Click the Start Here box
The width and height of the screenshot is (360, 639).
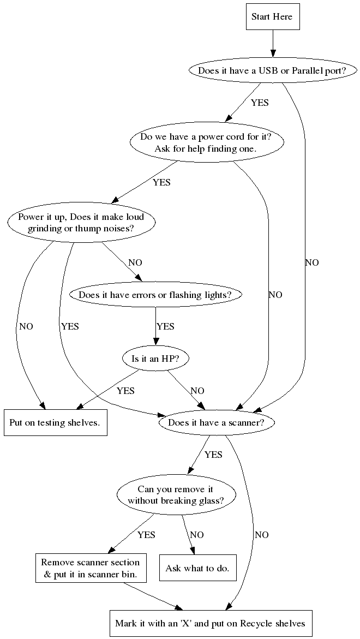pyautogui.click(x=272, y=16)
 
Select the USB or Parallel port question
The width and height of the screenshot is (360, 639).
pyautogui.click(x=272, y=71)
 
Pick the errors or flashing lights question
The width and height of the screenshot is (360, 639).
pyautogui.click(x=155, y=295)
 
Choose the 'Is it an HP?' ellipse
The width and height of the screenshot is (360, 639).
pyautogui.click(x=155, y=359)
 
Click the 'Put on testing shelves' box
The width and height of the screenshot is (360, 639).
pyautogui.click(x=55, y=423)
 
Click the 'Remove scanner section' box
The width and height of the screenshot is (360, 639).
pyautogui.click(x=91, y=568)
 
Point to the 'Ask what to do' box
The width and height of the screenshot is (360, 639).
pyautogui.click(x=197, y=568)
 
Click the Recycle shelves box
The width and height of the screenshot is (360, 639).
pyautogui.click(x=210, y=623)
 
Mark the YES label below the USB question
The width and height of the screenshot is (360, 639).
pyautogui.click(x=260, y=103)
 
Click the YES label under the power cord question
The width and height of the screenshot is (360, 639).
pyautogui.click(x=161, y=182)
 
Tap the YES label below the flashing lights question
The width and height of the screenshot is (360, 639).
pyautogui.click(x=165, y=326)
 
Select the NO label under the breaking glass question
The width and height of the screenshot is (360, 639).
pyautogui.click(x=197, y=535)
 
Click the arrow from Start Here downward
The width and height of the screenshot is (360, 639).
pyautogui.click(x=272, y=44)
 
